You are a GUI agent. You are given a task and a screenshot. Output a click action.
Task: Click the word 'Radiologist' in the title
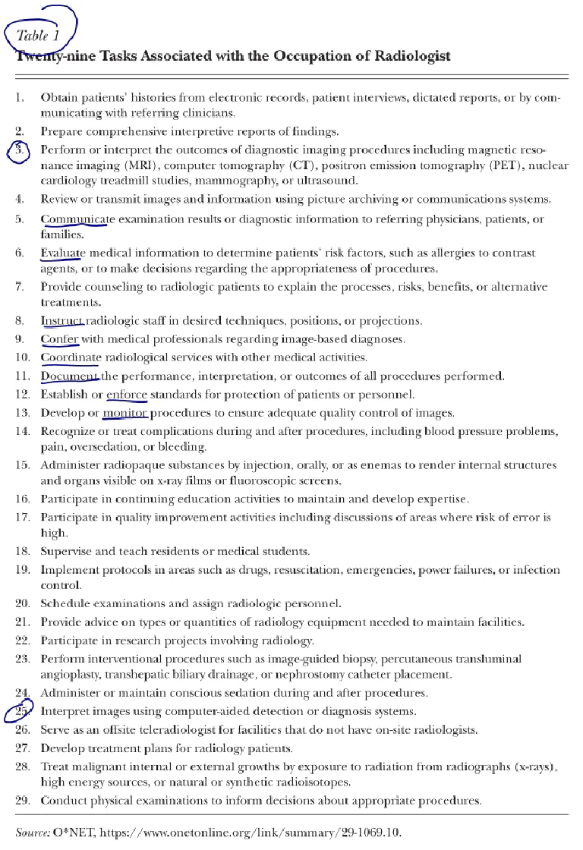(x=410, y=56)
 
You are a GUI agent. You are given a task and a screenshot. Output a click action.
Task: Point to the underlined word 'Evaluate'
(x=63, y=253)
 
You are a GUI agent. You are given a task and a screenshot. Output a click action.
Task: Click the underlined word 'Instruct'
(x=61, y=320)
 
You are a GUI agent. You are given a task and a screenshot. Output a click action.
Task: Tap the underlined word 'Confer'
(x=59, y=338)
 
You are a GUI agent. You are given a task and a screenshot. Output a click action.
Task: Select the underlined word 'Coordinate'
(x=69, y=357)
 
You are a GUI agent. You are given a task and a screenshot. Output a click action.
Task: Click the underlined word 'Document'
(x=69, y=376)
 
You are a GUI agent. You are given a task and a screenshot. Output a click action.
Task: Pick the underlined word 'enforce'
(x=126, y=394)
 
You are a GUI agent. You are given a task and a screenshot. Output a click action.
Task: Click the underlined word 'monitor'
(x=126, y=413)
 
